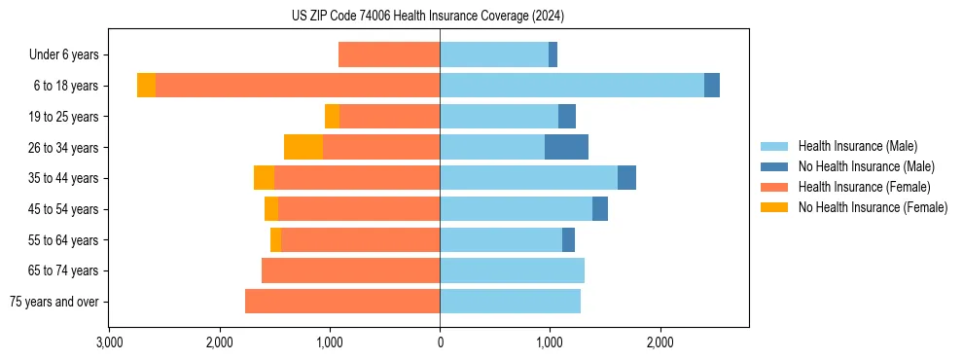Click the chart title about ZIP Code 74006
click(428, 17)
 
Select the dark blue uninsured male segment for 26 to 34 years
click(566, 147)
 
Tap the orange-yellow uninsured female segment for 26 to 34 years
click(303, 147)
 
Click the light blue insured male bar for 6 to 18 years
click(572, 86)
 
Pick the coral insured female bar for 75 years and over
click(342, 302)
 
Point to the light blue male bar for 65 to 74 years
click(512, 270)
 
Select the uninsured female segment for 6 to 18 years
click(146, 86)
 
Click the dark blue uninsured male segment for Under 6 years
click(553, 54)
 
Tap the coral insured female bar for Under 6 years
click(389, 54)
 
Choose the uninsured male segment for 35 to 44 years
click(626, 178)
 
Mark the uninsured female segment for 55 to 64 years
click(275, 239)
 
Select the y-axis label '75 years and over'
click(54, 302)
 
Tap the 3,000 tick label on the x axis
click(110, 342)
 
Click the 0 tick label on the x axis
click(440, 342)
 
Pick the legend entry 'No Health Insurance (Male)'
click(866, 166)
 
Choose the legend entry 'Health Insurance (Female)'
click(864, 187)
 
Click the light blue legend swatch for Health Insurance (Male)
click(774, 146)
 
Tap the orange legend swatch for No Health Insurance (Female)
click(774, 207)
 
